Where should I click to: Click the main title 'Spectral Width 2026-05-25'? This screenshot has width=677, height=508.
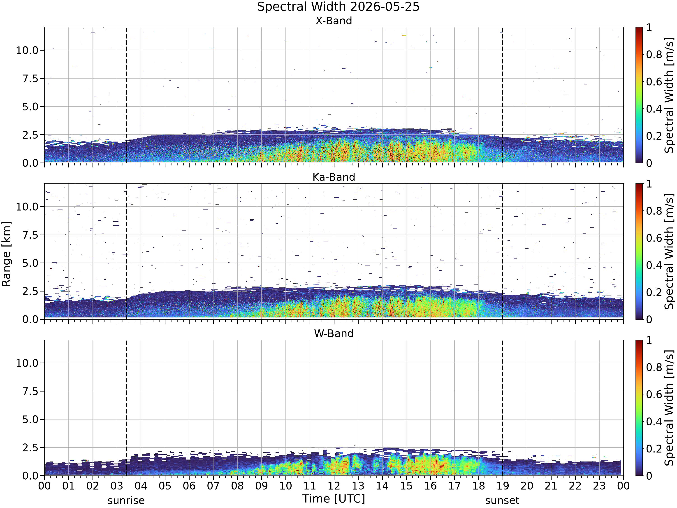pos(338,7)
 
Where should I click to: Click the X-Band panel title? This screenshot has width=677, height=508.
pos(334,21)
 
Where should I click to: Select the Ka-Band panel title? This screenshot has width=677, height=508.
pos(334,177)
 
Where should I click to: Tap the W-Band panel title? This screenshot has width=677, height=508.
pos(334,333)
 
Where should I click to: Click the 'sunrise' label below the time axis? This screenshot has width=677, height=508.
pos(126,500)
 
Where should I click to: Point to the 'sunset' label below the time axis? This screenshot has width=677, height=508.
pos(502,500)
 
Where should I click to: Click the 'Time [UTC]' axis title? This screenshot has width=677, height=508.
pos(334,499)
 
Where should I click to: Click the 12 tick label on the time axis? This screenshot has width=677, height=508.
pos(334,486)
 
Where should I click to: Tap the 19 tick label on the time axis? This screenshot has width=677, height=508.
pos(503,486)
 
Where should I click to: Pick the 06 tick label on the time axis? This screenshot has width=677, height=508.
pos(189,486)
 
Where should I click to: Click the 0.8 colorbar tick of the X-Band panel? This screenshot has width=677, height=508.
pos(654,54)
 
